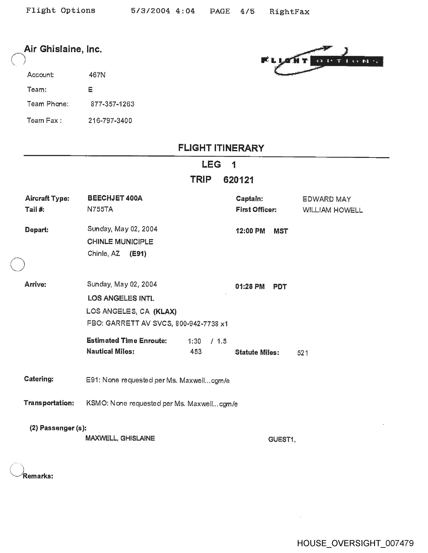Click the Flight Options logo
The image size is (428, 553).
click(322, 61)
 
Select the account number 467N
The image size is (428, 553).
click(97, 75)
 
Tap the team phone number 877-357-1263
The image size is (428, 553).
click(112, 104)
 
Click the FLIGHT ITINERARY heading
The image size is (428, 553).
click(221, 148)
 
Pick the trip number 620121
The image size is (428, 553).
click(238, 180)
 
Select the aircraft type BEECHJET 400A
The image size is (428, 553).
click(115, 198)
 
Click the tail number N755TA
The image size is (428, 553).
click(100, 209)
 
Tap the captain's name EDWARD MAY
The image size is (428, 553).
click(327, 199)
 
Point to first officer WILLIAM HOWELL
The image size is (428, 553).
click(332, 210)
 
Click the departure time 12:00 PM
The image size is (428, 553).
click(250, 231)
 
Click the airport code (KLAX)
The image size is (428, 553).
click(165, 312)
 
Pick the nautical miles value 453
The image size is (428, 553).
click(196, 351)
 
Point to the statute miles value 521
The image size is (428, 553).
click(302, 353)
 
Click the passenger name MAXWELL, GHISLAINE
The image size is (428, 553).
click(120, 438)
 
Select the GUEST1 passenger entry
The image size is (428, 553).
click(282, 439)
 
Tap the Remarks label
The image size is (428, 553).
click(38, 476)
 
